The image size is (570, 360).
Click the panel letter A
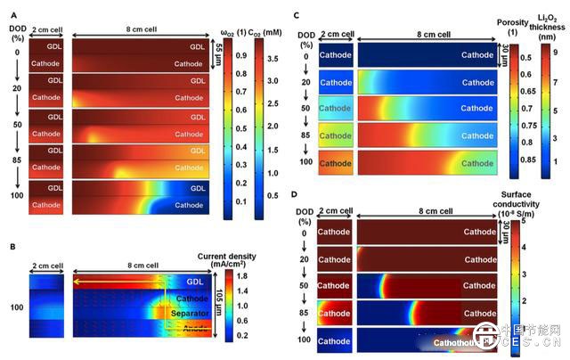[x=7, y=12]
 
